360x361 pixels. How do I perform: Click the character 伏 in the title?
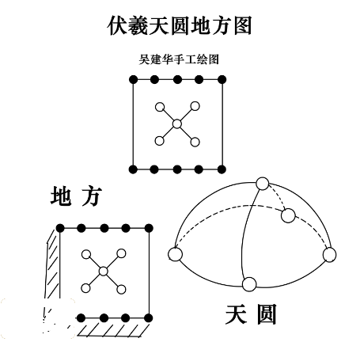(117, 25)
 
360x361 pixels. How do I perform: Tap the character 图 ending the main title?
(243, 25)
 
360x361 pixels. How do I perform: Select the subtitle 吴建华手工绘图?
(179, 59)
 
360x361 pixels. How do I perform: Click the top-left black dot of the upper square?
(134, 79)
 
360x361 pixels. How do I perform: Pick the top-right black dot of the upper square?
(222, 79)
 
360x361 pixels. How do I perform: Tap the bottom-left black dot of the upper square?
(134, 169)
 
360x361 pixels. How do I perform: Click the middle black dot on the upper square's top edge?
(177, 79)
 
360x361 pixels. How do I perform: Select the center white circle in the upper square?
(177, 123)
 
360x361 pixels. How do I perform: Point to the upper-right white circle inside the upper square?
(195, 106)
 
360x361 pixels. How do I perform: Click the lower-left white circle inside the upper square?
(159, 141)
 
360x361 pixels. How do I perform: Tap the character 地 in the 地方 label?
(61, 196)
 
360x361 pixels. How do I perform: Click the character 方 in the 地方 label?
(91, 196)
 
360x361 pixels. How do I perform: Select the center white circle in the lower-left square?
(104, 271)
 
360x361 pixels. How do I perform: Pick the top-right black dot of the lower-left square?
(149, 228)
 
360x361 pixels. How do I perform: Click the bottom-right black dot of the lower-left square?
(149, 318)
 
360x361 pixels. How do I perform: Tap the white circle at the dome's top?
(263, 184)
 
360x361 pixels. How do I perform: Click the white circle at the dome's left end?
(175, 254)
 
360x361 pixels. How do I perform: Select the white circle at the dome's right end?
(329, 255)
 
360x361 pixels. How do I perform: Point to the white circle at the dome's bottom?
(249, 284)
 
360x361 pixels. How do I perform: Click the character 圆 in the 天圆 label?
(267, 314)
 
